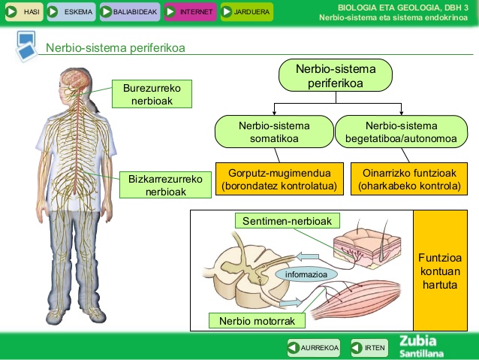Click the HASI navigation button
click(23, 12)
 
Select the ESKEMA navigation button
click(71, 12)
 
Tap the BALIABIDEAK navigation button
click(128, 12)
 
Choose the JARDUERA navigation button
click(246, 12)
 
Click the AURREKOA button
click(314, 348)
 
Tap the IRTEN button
click(369, 348)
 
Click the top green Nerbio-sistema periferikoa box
click(336, 76)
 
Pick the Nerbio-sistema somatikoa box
click(273, 132)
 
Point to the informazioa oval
click(301, 275)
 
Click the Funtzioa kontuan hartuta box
click(439, 270)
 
